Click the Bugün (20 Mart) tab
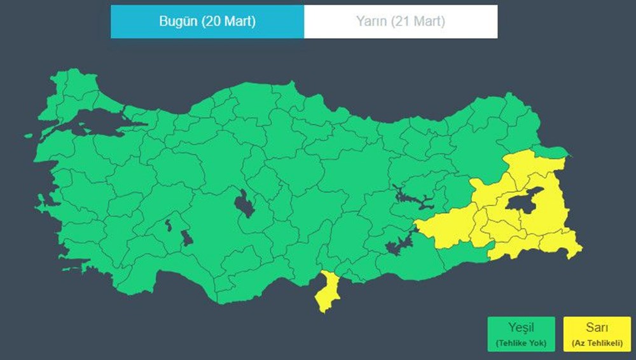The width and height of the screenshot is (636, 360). coord(207,22)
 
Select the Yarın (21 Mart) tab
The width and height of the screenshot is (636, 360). coord(401,22)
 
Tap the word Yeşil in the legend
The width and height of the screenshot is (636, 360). coord(521,328)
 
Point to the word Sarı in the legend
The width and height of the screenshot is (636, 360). coord(597,328)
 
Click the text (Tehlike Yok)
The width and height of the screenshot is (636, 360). coord(521,343)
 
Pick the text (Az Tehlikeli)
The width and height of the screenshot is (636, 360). coord(597,343)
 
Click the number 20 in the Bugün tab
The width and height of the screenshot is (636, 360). coord(213,22)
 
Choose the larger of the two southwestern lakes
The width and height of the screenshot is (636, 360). coord(186,238)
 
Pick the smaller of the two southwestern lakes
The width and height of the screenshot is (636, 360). coord(169,225)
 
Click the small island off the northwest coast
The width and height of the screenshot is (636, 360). coord(29,135)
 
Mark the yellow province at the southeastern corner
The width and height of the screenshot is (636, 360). coord(562,244)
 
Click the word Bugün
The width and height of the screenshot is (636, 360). coord(177,22)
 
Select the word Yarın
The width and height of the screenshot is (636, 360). coord(370,22)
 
